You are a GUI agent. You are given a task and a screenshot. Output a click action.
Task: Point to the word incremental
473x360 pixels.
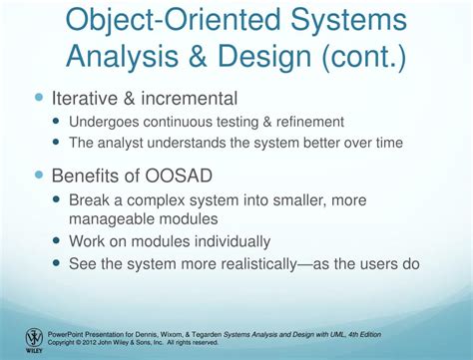click(x=190, y=99)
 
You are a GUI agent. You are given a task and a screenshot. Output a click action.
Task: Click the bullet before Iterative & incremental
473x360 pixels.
click(x=40, y=99)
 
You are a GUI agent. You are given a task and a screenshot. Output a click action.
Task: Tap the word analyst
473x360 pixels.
click(x=129, y=143)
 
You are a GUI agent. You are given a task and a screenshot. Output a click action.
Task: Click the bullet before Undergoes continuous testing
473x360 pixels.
click(x=58, y=122)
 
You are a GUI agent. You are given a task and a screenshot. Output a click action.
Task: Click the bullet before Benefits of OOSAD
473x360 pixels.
click(x=40, y=175)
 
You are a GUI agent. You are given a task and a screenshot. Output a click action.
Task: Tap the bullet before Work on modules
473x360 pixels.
click(x=58, y=241)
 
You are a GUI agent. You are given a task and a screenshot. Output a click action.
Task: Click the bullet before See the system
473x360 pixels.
click(x=58, y=264)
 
